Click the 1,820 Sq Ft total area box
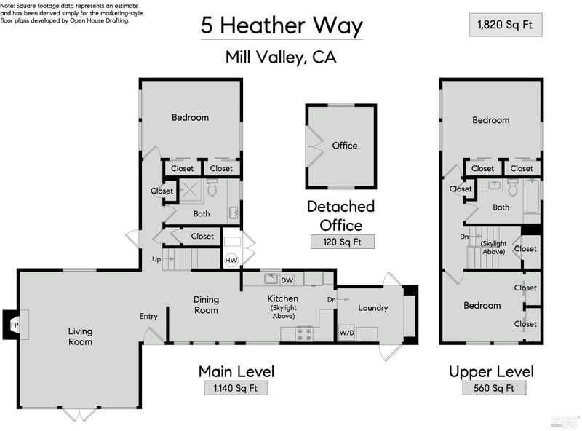506,25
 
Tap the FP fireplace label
15,325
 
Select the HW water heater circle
231,260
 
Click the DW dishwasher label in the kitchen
287,280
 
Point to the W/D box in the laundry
347,333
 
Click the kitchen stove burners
304,333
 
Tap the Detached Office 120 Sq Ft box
342,242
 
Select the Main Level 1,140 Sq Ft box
236,388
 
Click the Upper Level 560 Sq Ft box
494,388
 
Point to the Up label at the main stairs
156,259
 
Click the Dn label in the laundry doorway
332,299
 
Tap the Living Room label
80,336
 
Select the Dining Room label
206,304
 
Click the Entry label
148,316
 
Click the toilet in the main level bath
212,188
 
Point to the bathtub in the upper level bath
532,195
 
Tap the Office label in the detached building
345,146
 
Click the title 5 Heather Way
282,25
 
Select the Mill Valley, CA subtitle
282,58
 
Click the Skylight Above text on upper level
494,248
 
